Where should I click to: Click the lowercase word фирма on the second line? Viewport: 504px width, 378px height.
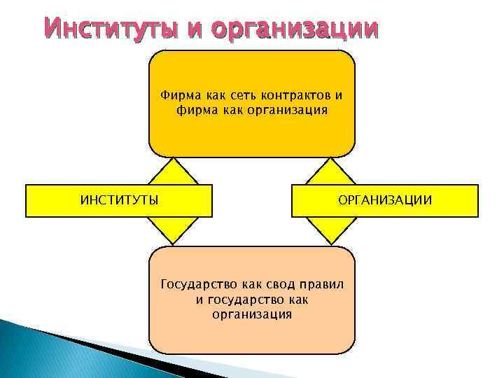coord(194,110)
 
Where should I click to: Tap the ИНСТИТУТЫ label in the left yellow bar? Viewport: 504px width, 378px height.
coord(118,201)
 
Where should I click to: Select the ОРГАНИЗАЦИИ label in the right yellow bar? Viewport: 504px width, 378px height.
coord(385,201)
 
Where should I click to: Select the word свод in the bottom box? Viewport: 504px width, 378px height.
coord(280,284)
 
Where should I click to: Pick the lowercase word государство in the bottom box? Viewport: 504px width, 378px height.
coord(244,300)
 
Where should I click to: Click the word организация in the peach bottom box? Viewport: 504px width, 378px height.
coord(252,314)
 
